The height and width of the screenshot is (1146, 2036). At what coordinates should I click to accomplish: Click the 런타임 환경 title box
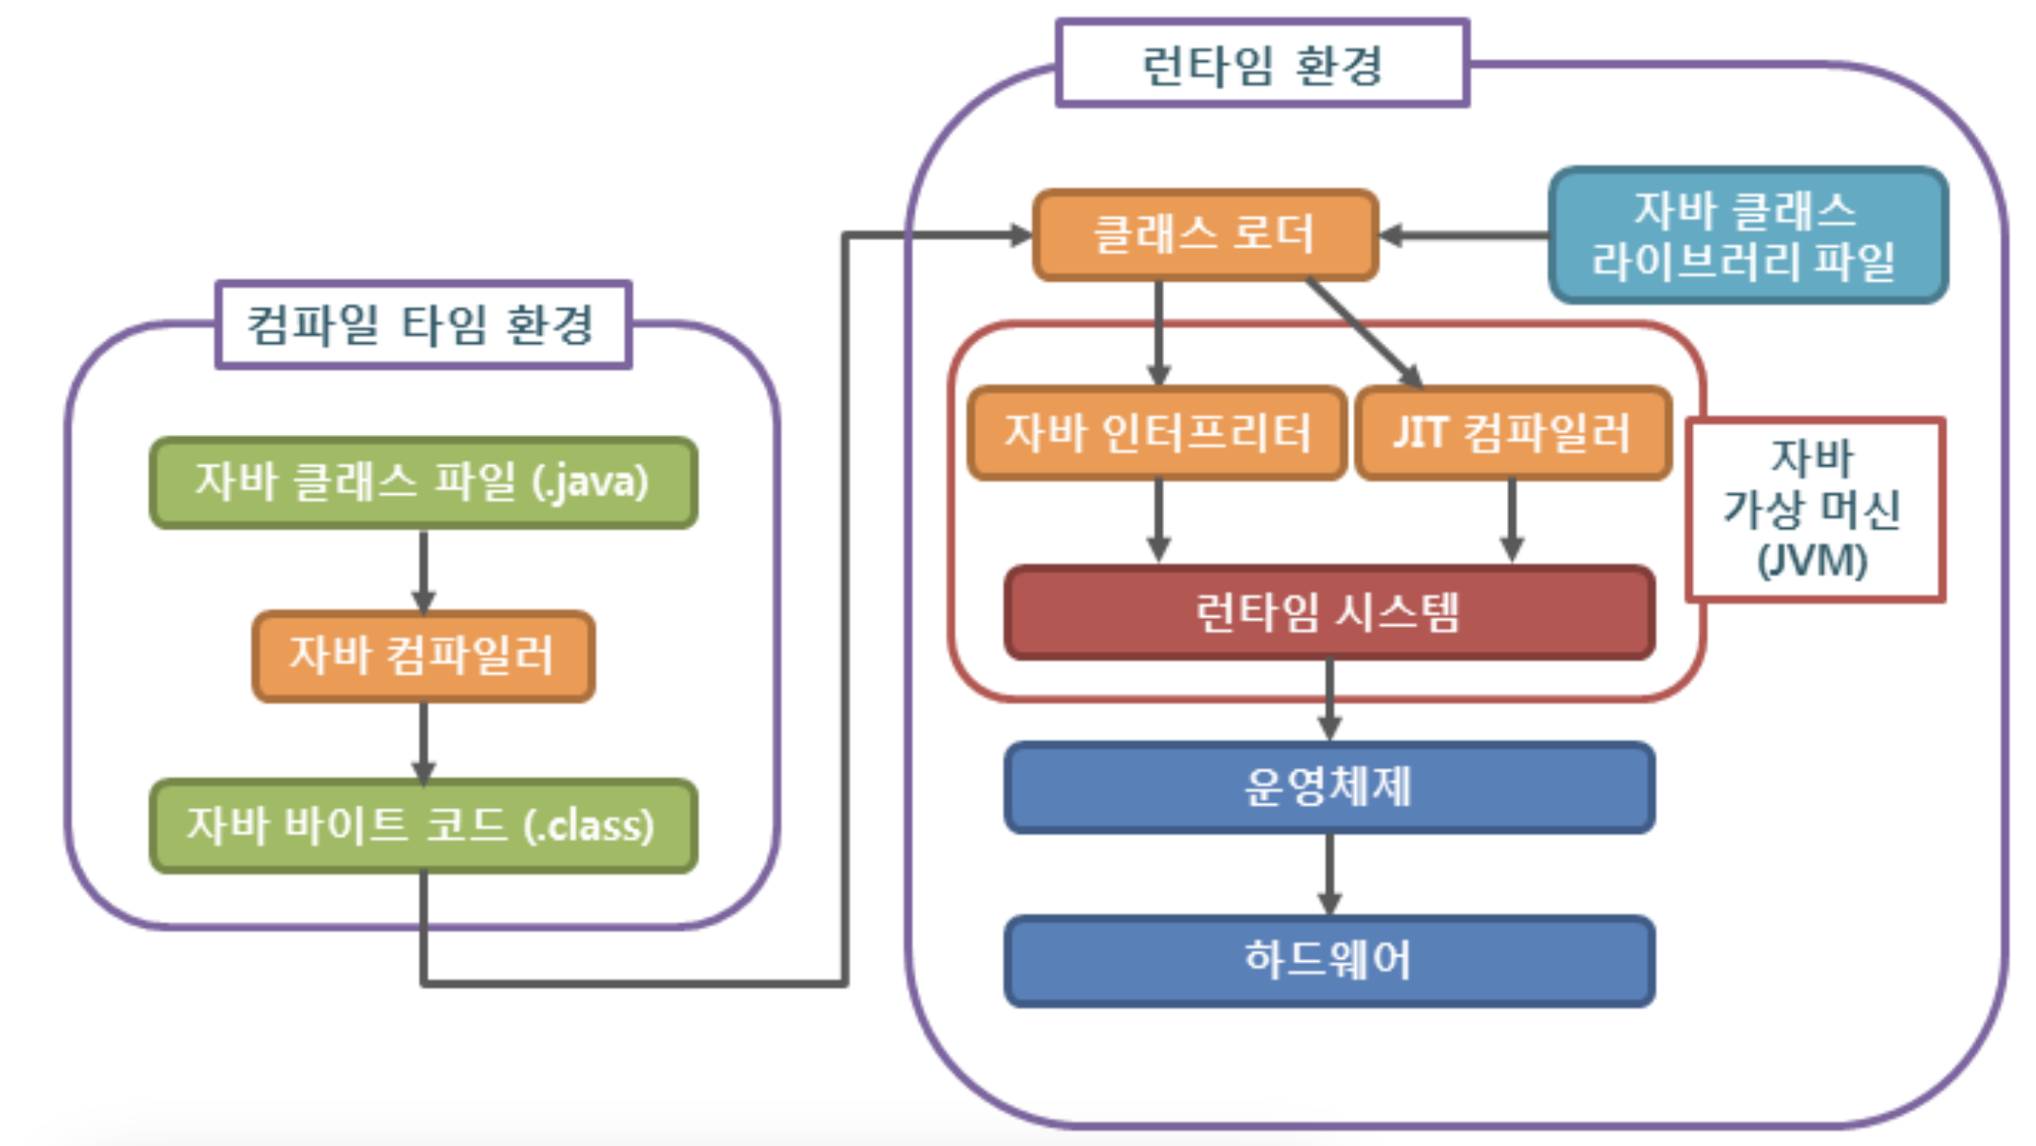(x=1262, y=64)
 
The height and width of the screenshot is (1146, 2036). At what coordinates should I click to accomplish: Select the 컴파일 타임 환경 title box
(x=422, y=325)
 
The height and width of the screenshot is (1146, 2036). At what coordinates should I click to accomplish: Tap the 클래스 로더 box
(x=1205, y=235)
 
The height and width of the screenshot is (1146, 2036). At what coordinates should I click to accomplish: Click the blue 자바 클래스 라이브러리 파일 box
(x=1747, y=235)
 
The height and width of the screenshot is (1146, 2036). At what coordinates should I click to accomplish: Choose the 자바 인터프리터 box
(x=1156, y=433)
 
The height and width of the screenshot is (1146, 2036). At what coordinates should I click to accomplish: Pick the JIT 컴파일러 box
(x=1513, y=433)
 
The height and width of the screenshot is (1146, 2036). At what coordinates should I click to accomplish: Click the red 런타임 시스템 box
(x=1329, y=613)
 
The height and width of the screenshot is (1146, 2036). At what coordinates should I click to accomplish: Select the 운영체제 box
(x=1329, y=787)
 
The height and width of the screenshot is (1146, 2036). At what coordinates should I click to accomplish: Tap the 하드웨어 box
(x=1329, y=960)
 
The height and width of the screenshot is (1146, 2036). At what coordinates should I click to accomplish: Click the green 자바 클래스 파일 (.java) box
(x=422, y=483)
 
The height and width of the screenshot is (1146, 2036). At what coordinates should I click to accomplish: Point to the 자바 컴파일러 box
(x=422, y=655)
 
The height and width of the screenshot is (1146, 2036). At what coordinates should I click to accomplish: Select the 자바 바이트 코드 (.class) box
(x=422, y=826)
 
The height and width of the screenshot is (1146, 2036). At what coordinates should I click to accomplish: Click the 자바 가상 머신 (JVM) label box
(x=1814, y=509)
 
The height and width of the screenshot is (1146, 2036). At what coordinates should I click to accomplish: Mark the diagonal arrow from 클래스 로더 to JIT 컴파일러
(x=1364, y=333)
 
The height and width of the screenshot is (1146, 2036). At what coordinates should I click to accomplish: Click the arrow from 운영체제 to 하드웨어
(x=1329, y=874)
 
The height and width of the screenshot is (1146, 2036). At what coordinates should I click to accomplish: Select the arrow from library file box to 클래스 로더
(x=1464, y=235)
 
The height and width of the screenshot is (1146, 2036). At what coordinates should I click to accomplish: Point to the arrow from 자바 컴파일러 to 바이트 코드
(x=423, y=741)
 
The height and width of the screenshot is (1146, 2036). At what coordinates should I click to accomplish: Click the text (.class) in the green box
(x=589, y=826)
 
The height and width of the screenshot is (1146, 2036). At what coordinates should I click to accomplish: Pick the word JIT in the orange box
(x=1420, y=433)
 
